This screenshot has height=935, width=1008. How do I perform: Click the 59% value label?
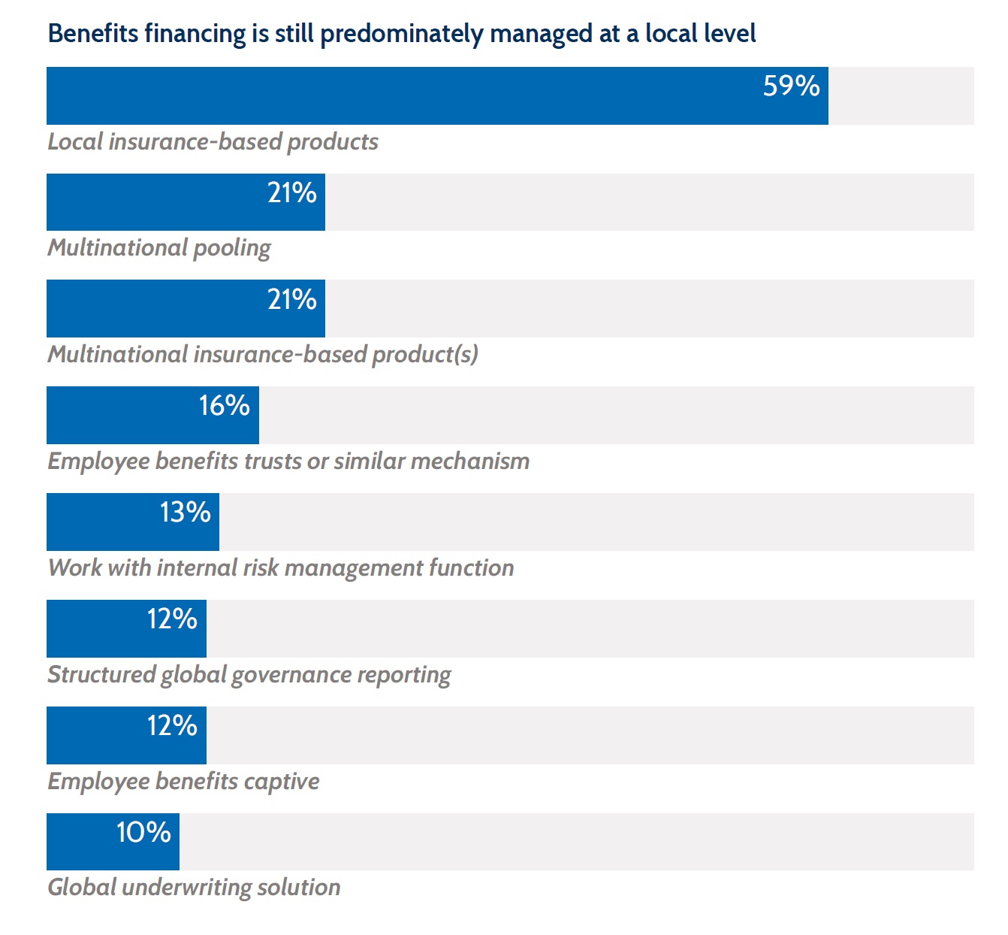tap(791, 86)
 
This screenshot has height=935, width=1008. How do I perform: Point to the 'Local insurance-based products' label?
tap(213, 142)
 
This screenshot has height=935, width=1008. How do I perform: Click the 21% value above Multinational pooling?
tap(292, 193)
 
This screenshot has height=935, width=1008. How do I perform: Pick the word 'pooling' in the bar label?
tap(232, 249)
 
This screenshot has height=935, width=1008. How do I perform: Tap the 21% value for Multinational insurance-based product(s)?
tap(292, 300)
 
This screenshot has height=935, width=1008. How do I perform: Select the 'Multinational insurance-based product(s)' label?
tap(263, 355)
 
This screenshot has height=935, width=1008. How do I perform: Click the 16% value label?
tap(224, 406)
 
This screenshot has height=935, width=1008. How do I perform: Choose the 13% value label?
tap(185, 513)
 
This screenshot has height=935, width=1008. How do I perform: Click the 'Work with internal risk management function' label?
tap(281, 567)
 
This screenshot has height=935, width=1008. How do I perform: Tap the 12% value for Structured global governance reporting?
tap(172, 619)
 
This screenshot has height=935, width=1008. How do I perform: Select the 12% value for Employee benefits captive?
tap(172, 726)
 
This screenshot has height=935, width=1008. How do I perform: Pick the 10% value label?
tap(143, 833)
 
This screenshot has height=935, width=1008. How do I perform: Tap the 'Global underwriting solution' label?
tap(194, 888)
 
